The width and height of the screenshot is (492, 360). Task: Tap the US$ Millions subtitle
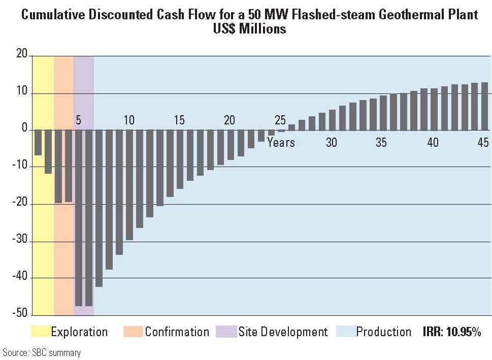(249, 29)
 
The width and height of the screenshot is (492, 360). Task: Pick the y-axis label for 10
(21, 93)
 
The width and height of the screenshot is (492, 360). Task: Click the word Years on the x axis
(281, 143)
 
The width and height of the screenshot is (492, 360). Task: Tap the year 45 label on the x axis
(482, 143)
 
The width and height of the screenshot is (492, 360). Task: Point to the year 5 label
(78, 120)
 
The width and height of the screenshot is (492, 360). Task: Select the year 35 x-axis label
(381, 143)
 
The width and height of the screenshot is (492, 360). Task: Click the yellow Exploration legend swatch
(41, 332)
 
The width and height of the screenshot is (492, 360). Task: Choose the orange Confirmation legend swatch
(133, 332)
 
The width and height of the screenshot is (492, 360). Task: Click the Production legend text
(383, 332)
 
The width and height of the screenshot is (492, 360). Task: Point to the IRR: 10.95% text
(451, 333)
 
